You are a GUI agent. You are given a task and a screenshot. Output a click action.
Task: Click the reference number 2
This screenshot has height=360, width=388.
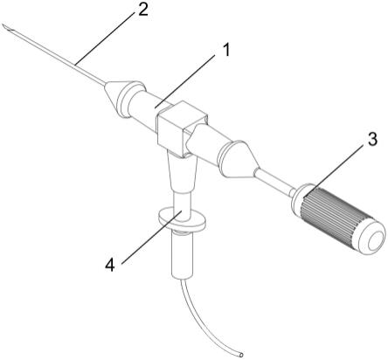tap(143, 10)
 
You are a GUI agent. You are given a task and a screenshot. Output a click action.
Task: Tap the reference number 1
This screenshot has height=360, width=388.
tap(225, 50)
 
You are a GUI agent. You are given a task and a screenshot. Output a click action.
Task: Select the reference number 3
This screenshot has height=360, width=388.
tap(372, 139)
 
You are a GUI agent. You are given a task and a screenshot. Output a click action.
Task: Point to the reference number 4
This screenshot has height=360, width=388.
tap(110, 265)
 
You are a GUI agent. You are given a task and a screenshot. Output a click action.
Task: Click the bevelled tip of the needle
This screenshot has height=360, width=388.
tap(7, 29)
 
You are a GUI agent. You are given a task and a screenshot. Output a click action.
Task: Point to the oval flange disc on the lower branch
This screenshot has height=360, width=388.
tap(182, 219)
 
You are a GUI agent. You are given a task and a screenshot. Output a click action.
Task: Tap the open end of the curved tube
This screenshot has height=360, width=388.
tap(240, 355)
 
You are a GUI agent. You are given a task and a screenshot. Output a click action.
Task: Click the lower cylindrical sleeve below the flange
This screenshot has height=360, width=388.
tap(182, 256)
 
